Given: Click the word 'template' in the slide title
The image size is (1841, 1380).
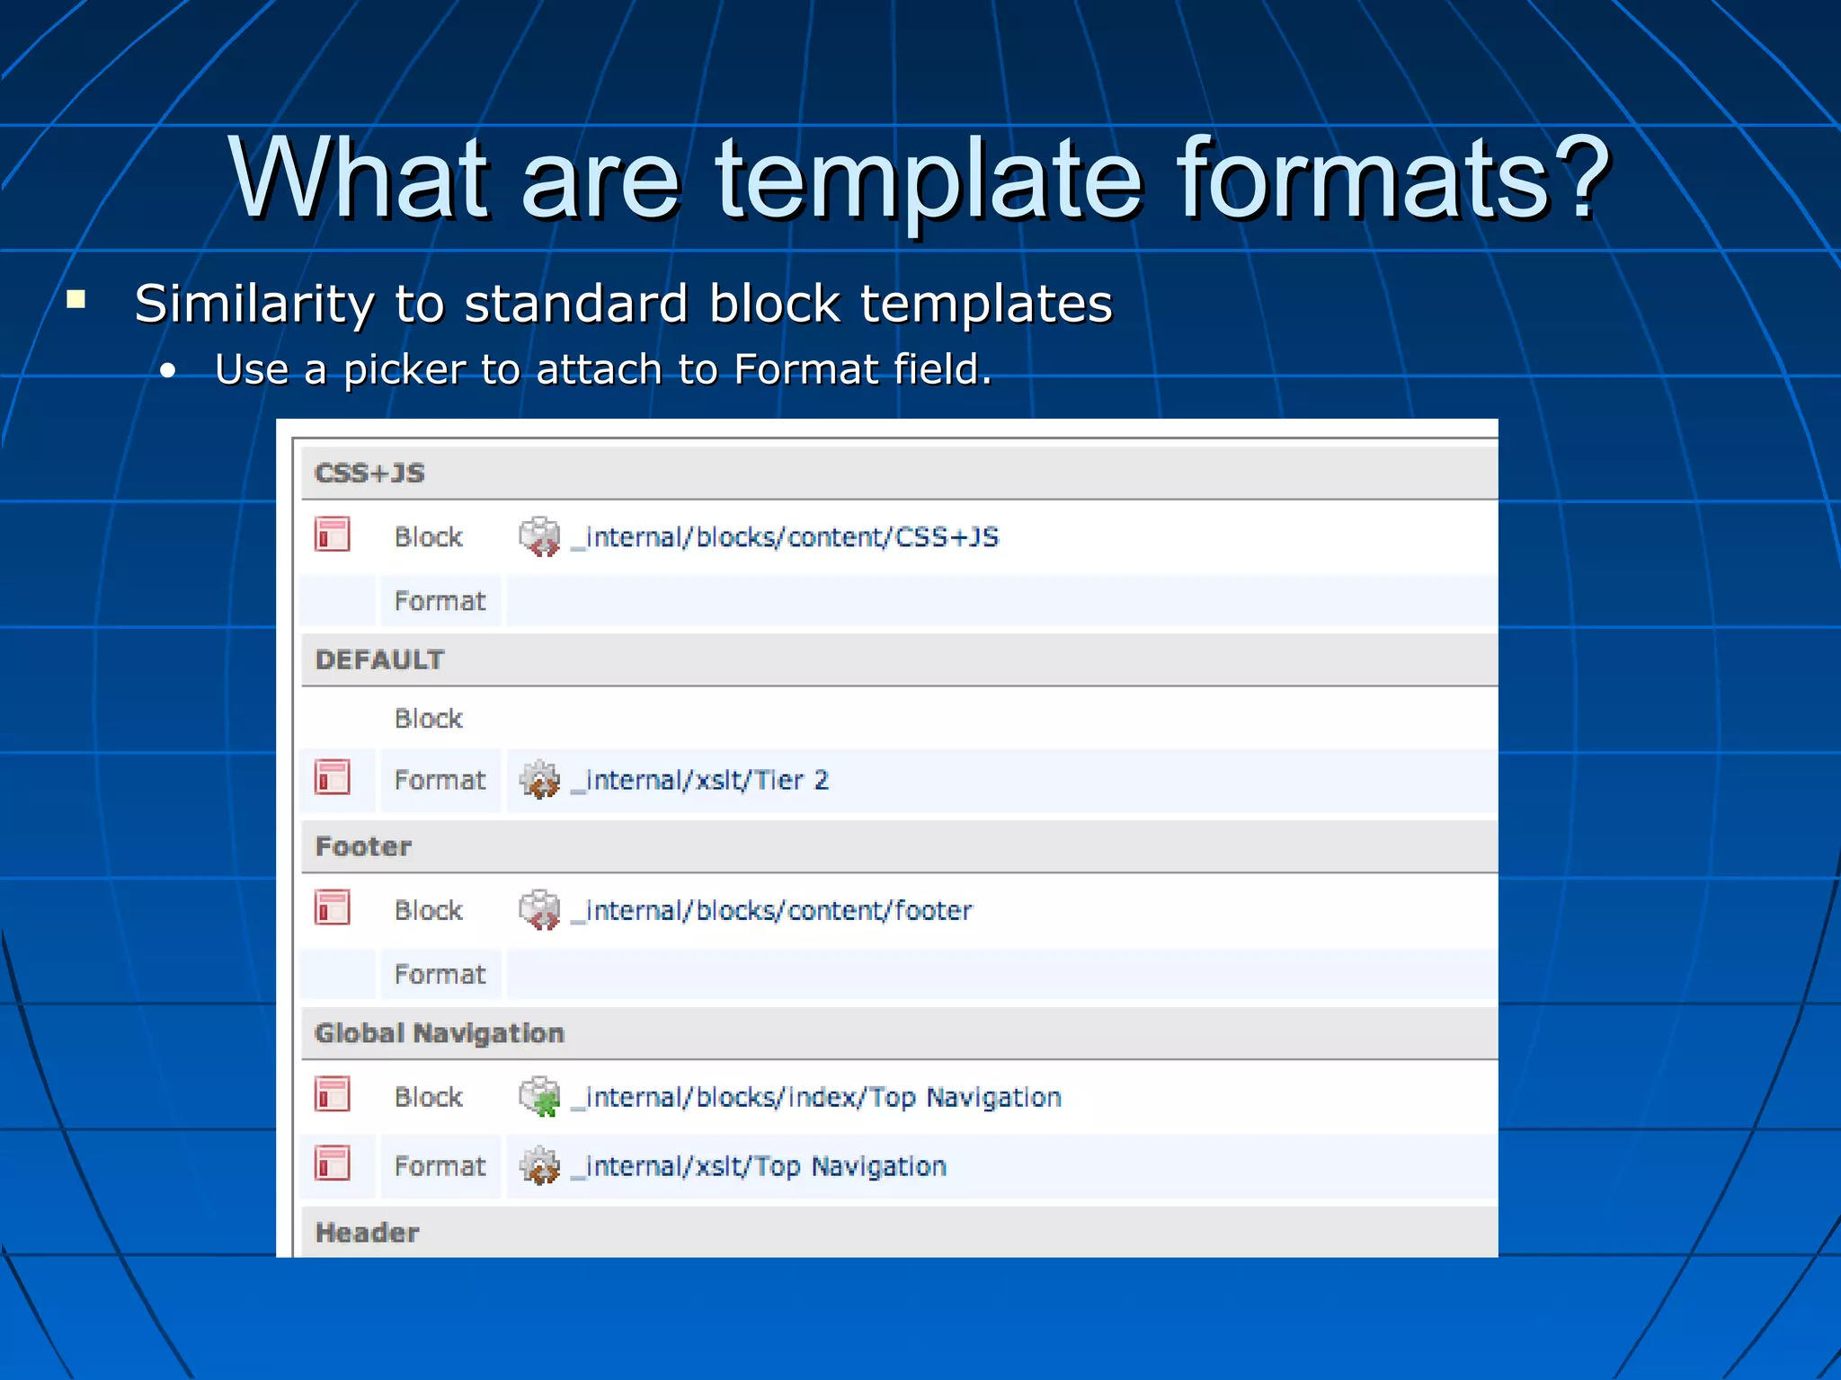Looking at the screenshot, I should pos(929,180).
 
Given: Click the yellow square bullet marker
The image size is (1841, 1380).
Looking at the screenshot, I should pos(76,299).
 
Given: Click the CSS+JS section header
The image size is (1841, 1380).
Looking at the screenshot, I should pos(369,473).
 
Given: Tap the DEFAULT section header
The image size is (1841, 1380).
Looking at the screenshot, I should pos(379,659).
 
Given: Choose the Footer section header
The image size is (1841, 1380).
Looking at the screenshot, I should pos(363,846).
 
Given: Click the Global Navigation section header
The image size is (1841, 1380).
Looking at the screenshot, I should pos(439,1033).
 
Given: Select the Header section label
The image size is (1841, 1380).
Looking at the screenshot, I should pos(367,1233).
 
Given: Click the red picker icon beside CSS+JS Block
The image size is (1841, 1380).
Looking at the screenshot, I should pos(332,535).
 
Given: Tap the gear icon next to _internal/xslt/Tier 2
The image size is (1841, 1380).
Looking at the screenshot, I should pos(540,779).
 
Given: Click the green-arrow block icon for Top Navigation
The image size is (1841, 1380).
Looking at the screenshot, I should pos(540,1097).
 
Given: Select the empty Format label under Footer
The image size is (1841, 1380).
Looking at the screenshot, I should pos(440,974).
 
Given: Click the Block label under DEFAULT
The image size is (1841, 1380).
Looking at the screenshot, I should pos(428,719).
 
